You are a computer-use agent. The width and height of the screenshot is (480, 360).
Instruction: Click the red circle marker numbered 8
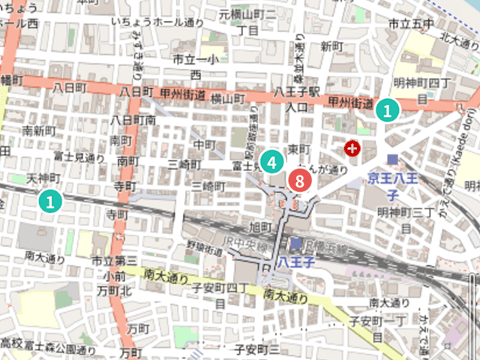(x=298, y=181)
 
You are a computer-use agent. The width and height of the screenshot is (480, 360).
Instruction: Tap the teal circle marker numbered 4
(x=271, y=160)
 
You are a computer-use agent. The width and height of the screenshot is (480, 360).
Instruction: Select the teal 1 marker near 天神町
(x=49, y=200)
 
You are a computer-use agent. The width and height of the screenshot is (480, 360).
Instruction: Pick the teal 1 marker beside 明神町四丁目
(x=387, y=110)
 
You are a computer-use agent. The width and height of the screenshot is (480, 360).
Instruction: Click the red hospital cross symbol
(x=350, y=149)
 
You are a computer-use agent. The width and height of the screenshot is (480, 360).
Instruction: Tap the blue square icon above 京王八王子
(x=393, y=159)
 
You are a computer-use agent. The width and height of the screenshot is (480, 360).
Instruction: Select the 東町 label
(x=294, y=148)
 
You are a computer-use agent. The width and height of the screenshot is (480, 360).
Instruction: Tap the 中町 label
(x=204, y=144)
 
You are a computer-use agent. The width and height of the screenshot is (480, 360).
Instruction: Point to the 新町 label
(x=331, y=46)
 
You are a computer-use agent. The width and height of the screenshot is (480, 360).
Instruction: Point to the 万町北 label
(x=116, y=290)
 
